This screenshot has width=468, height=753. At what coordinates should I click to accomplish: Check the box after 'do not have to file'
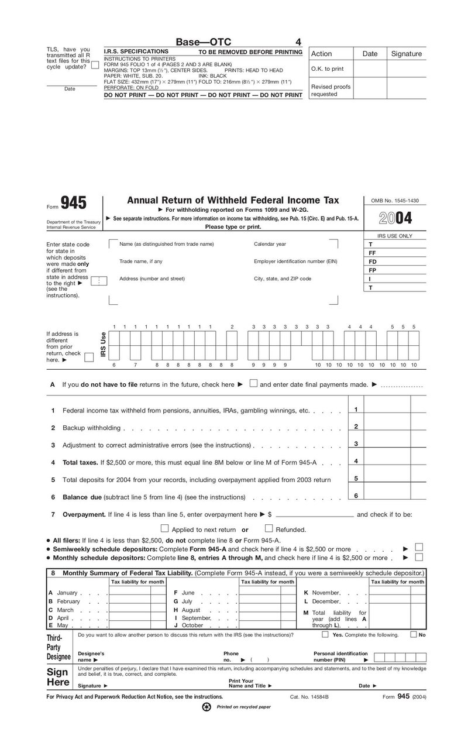pos(253,384)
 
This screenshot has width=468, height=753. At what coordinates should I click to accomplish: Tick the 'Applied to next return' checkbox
pos(164,529)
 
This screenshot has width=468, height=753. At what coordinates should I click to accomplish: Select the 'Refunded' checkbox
pos(269,529)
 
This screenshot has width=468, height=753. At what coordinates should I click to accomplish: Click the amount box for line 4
pos(387,462)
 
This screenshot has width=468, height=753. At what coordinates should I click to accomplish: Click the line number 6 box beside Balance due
pos(356,496)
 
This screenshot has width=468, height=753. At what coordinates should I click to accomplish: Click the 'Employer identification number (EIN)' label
pos(295,261)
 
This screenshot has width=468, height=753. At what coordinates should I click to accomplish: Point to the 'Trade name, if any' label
pos(141,261)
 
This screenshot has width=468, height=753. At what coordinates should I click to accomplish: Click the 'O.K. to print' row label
pos(327,68)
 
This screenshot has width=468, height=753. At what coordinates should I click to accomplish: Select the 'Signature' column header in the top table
pos(406,53)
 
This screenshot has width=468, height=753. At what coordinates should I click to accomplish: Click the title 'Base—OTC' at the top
pos(204,42)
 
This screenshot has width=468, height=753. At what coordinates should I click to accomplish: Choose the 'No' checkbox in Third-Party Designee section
pos(414,634)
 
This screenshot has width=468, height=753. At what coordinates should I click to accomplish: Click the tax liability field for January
pos(129,593)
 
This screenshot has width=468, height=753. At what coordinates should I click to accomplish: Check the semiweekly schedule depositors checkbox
pos(419,548)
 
